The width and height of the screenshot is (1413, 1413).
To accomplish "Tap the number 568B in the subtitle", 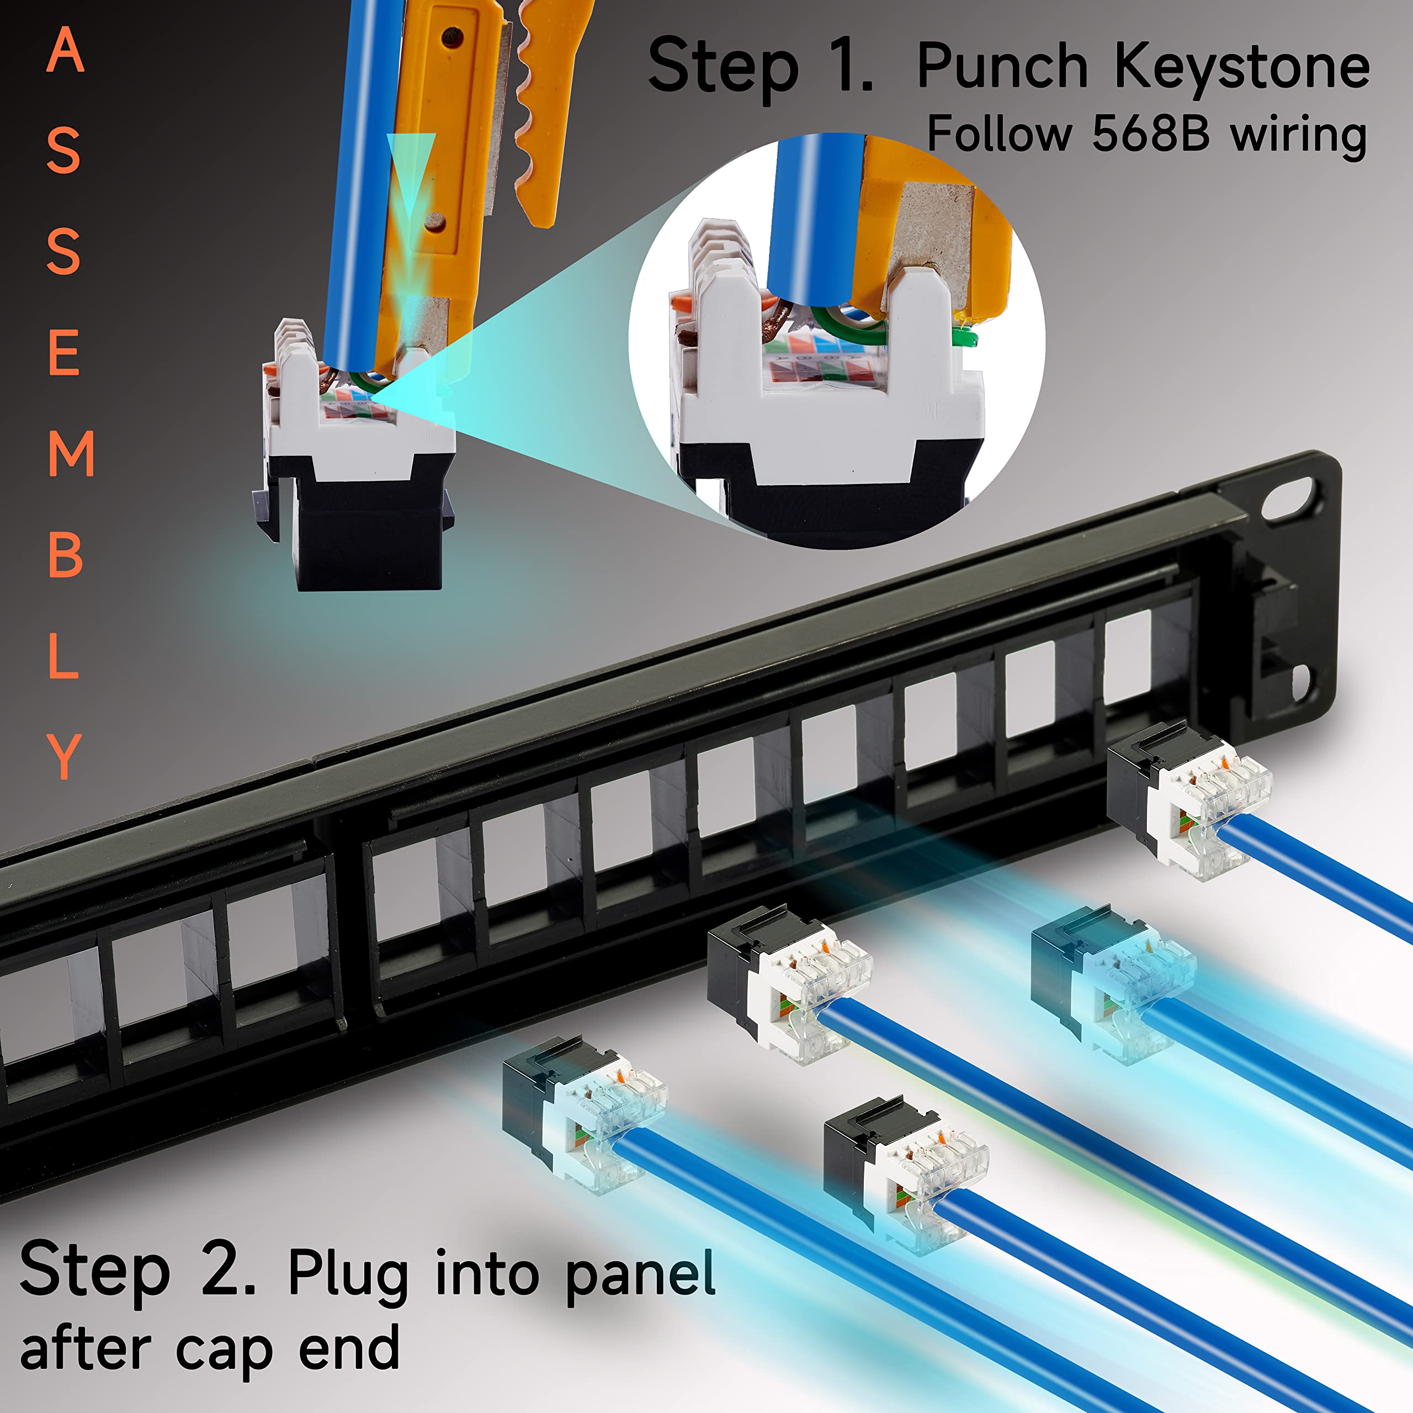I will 1150,135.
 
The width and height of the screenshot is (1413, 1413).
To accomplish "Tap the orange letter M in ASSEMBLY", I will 71,454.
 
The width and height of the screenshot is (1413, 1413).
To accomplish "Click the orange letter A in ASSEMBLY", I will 65,51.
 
